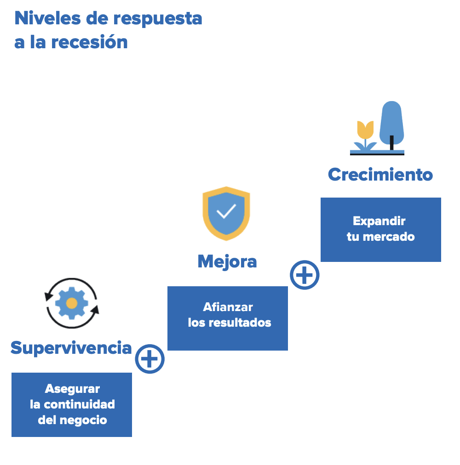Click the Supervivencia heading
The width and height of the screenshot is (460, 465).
point(71,348)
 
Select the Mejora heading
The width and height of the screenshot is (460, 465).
point(227,261)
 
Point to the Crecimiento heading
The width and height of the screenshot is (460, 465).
point(380,175)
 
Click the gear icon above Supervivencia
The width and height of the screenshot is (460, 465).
point(72,303)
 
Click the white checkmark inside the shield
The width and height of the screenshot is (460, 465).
point(226,211)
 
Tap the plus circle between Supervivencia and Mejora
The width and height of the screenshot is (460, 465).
point(149,358)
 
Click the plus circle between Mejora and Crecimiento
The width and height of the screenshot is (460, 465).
point(305,275)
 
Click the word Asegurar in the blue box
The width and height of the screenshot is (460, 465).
point(72,389)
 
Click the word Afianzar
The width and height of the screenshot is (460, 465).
point(228,307)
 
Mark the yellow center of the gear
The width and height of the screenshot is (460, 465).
point(72,303)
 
